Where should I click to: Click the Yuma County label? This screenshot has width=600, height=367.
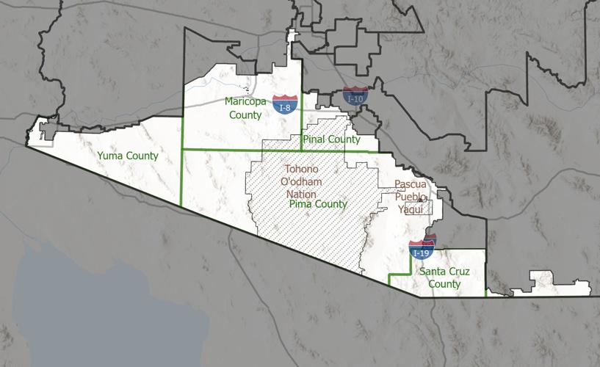pos(128,156)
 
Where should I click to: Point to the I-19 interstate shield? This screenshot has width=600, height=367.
pos(421,252)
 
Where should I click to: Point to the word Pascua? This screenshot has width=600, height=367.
pos(410,183)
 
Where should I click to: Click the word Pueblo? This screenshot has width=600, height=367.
pos(410,196)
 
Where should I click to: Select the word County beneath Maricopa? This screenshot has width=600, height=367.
pos(245,115)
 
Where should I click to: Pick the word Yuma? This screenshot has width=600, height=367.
pos(111,156)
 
